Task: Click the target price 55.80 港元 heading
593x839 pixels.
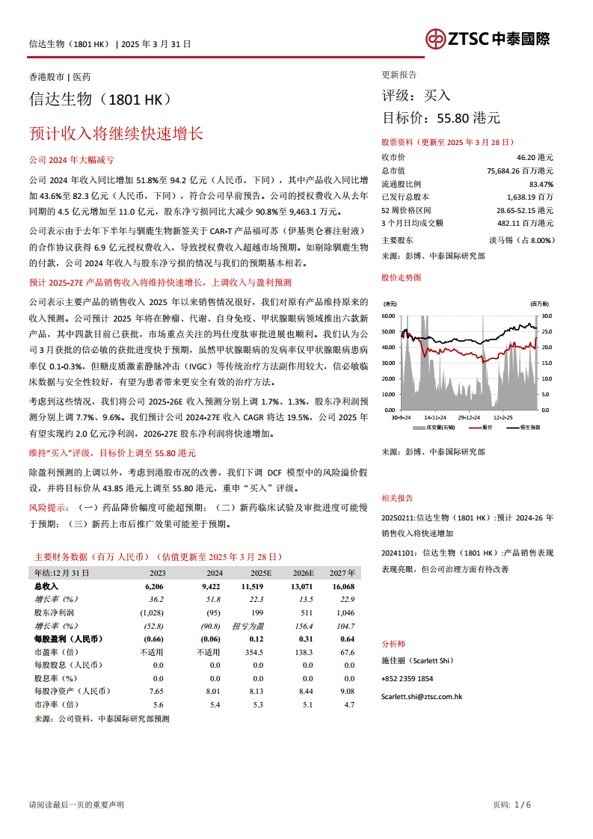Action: coord(441,117)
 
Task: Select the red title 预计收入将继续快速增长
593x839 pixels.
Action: coord(116,134)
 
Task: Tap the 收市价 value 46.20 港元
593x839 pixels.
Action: coord(535,157)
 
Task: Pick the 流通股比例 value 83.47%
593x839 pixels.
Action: coord(541,184)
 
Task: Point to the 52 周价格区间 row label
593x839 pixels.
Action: coord(406,210)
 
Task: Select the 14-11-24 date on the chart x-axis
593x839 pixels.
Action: coord(435,417)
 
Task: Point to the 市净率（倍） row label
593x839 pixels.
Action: coord(56,704)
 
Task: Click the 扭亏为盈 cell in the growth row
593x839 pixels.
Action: coord(248,626)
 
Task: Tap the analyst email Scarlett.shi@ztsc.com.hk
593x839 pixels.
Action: coord(422,696)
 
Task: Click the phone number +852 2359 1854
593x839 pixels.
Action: coord(407,678)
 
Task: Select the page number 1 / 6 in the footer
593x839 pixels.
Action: coord(523,805)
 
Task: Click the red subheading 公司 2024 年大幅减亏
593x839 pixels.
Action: coord(71,160)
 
